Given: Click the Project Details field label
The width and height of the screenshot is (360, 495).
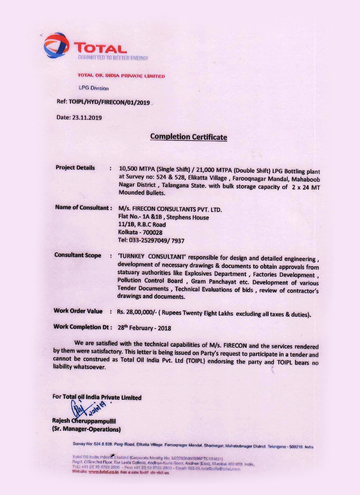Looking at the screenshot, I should [75, 168].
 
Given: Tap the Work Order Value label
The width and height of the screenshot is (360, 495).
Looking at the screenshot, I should [80, 311].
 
